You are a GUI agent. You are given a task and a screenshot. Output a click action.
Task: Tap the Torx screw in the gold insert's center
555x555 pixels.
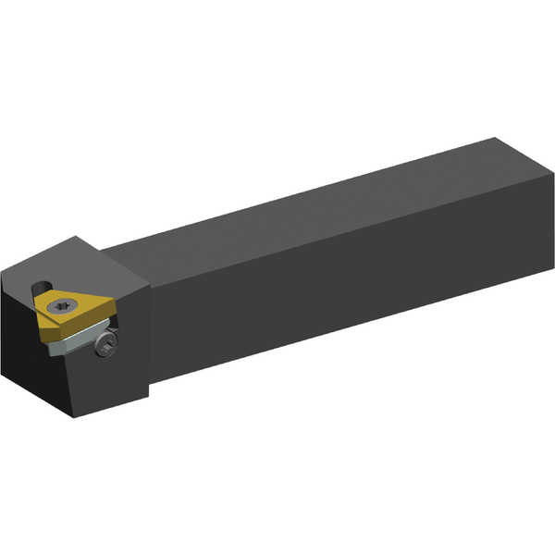click(x=62, y=306)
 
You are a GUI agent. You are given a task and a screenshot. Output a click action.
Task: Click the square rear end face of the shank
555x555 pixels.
click(x=523, y=208)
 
